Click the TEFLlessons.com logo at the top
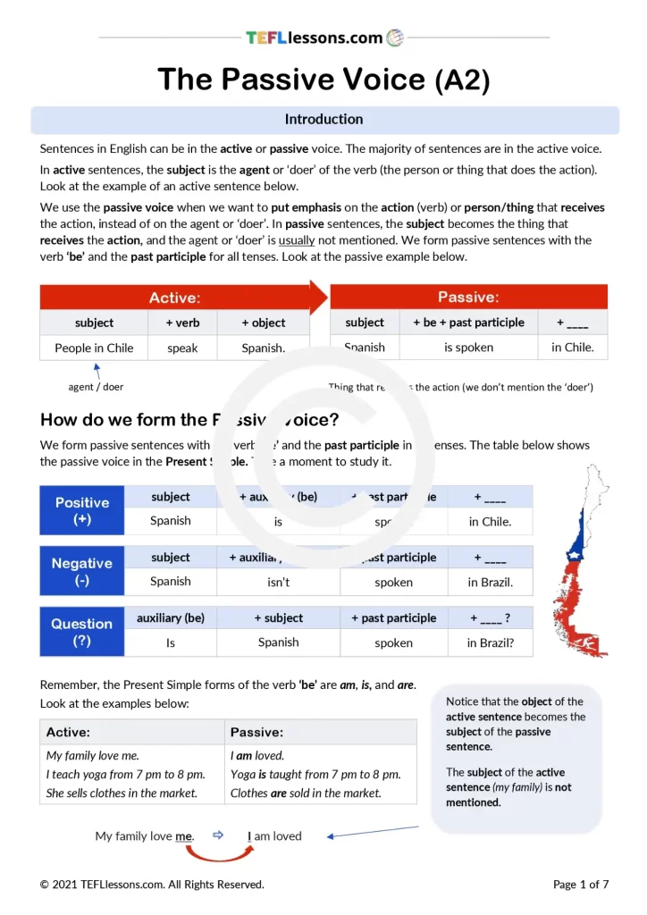click(x=324, y=38)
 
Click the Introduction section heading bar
click(x=324, y=120)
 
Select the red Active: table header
click(x=175, y=298)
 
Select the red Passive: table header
click(x=468, y=298)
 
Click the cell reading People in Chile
click(x=94, y=348)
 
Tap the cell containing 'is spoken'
click(x=468, y=348)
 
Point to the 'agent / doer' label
click(x=96, y=387)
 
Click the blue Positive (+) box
click(x=82, y=510)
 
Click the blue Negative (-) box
click(x=82, y=571)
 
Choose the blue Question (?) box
click(x=82, y=632)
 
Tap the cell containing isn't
click(x=279, y=582)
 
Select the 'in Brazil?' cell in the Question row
click(x=490, y=642)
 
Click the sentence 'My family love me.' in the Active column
click(x=93, y=756)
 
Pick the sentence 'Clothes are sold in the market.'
click(x=306, y=793)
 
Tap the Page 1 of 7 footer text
click(x=581, y=885)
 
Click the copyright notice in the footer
click(x=152, y=885)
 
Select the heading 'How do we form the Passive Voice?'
click(x=189, y=420)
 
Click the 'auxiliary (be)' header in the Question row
click(x=171, y=618)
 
